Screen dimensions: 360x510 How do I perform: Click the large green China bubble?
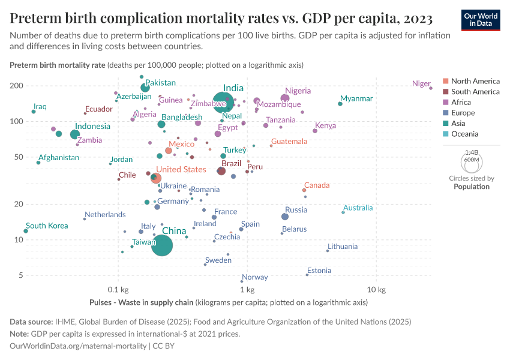click(x=161, y=245)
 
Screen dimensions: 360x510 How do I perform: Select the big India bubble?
click(x=224, y=103)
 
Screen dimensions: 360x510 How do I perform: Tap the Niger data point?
click(x=431, y=88)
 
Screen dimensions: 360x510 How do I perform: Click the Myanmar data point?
click(x=340, y=104)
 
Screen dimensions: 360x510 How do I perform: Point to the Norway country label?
click(x=255, y=277)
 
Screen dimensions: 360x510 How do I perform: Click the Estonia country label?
click(x=319, y=271)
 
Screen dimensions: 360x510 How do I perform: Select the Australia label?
click(x=358, y=208)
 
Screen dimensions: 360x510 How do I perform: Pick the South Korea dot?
click(x=26, y=231)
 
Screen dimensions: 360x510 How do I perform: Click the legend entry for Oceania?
click(x=466, y=134)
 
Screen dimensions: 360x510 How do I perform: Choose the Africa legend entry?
click(x=462, y=102)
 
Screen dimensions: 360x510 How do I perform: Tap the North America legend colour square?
click(x=445, y=81)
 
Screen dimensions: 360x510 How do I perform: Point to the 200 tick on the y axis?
click(x=16, y=86)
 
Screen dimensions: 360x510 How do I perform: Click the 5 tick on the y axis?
click(x=20, y=275)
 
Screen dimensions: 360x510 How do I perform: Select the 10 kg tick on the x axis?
click(x=376, y=290)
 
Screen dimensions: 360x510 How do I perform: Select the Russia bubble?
click(x=285, y=217)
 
